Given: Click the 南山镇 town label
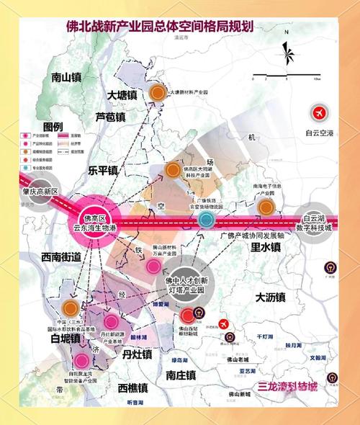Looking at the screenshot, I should point(69,77).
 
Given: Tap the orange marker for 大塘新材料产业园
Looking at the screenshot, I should point(157,92).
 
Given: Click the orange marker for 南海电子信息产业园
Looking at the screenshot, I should point(266,207).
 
